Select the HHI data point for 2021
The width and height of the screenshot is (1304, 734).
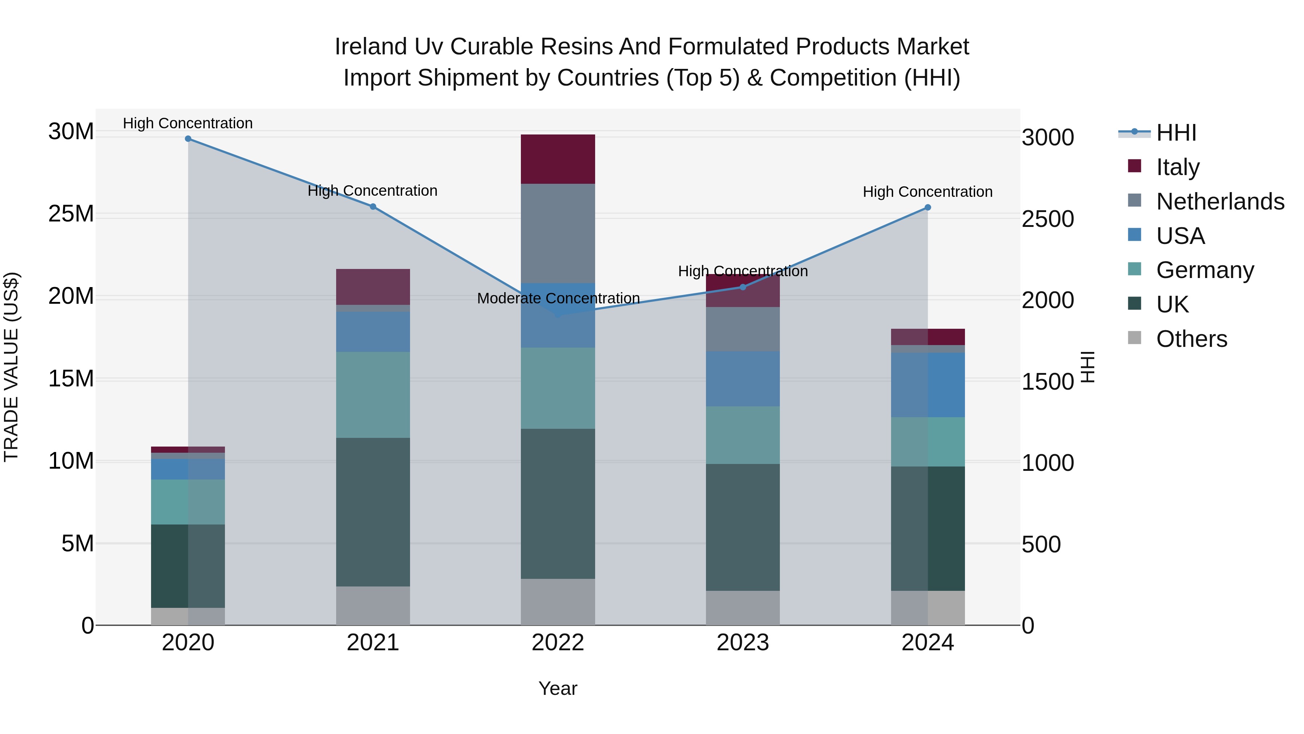(x=373, y=207)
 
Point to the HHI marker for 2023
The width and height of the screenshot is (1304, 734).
(x=743, y=287)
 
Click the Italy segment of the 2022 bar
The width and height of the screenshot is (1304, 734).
(x=558, y=159)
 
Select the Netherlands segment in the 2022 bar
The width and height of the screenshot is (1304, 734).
(x=558, y=233)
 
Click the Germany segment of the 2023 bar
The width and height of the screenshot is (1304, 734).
(x=743, y=435)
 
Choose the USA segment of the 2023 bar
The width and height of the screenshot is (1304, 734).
(x=743, y=378)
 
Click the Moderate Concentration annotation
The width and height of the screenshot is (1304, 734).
(x=558, y=298)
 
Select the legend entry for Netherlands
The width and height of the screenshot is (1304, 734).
(x=1220, y=202)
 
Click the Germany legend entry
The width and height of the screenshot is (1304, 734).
(x=1205, y=270)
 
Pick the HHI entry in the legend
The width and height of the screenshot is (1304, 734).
(x=1176, y=133)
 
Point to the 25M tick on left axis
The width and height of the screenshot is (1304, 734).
(x=71, y=214)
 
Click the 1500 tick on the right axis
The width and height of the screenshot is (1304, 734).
(x=1047, y=382)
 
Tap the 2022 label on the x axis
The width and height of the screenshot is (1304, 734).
(x=558, y=643)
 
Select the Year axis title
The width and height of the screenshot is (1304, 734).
(x=558, y=688)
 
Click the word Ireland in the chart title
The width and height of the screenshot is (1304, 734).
(x=371, y=47)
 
